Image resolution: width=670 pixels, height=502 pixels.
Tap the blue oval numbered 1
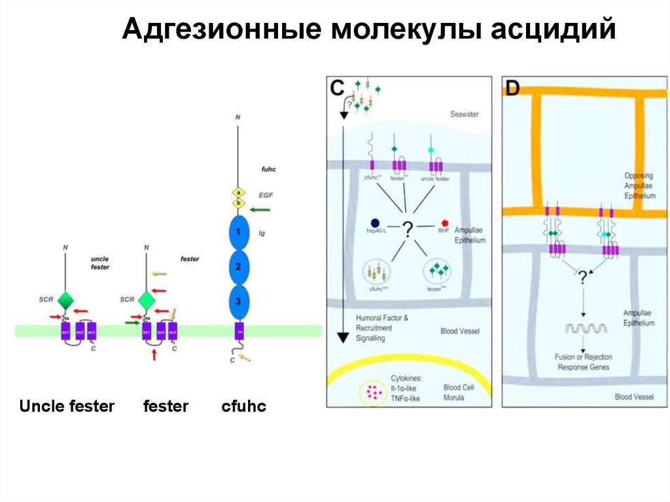tap(239, 232)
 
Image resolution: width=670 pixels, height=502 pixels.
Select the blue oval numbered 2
tap(239, 266)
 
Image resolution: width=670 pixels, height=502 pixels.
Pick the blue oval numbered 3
tap(239, 301)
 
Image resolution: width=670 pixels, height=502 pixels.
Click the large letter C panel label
tap(338, 89)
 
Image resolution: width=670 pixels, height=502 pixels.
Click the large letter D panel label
tap(512, 89)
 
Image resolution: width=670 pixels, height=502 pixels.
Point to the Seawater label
tap(464, 115)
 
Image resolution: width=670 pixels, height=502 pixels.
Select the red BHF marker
tap(445, 224)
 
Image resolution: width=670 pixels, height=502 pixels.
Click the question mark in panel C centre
tap(408, 228)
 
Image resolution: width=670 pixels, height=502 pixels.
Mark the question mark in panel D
tap(582, 277)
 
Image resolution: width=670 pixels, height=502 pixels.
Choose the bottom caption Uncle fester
tap(67, 406)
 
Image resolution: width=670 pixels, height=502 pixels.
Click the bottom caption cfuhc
tap(244, 406)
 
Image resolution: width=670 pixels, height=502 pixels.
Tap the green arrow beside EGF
tap(260, 209)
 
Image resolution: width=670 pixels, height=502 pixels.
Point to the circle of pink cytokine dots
tap(374, 391)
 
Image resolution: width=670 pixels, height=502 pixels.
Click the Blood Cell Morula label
tap(460, 393)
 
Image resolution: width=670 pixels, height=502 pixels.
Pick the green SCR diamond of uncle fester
tap(65, 300)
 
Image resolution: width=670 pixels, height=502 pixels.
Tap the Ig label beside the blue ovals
tap(262, 232)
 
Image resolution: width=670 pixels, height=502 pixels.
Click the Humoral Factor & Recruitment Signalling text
tap(382, 328)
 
